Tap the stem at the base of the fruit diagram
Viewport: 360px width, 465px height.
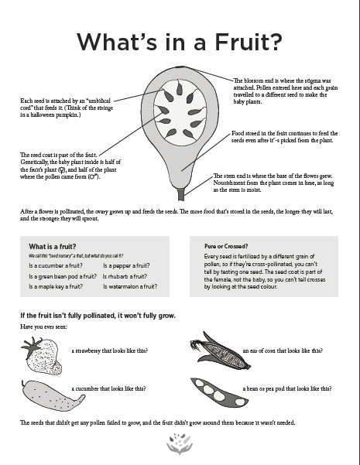click(x=181, y=194)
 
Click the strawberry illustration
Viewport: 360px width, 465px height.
click(x=42, y=356)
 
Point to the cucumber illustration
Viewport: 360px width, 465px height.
click(x=53, y=395)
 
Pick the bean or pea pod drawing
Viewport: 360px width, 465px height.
click(x=219, y=393)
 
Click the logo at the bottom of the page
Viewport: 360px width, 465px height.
click(x=180, y=444)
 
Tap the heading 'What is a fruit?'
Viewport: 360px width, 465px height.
click(x=53, y=247)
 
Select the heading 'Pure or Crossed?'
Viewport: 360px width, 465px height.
click(x=226, y=246)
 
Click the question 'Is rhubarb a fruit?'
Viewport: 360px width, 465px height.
click(x=125, y=276)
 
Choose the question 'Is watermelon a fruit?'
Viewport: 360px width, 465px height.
click(x=130, y=286)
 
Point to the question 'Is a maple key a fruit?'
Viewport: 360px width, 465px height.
click(x=56, y=286)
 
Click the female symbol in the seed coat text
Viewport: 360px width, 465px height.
click(x=62, y=170)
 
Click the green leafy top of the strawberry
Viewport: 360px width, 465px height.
click(x=32, y=345)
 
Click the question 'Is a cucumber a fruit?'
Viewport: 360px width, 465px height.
click(x=56, y=265)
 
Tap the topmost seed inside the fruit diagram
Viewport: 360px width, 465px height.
click(x=180, y=88)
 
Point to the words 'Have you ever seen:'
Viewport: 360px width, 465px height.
click(x=43, y=327)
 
